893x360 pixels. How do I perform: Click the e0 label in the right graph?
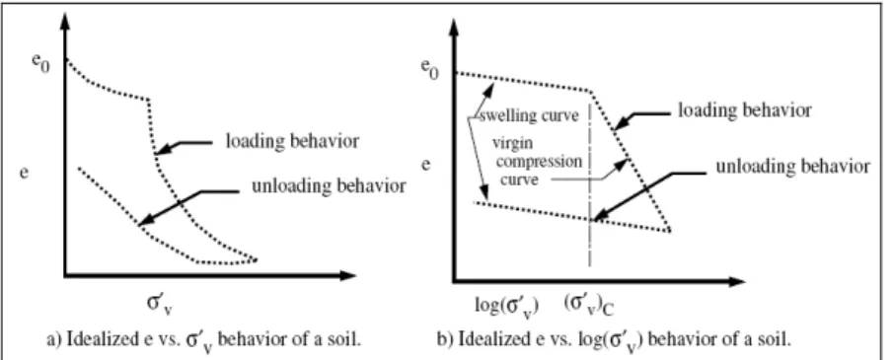coord(430,68)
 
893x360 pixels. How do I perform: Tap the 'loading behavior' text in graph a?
coord(292,141)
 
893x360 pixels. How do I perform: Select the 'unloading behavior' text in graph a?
coord(330,186)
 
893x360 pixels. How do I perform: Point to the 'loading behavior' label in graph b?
coord(744,109)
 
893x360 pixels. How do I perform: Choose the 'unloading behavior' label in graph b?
coord(792,167)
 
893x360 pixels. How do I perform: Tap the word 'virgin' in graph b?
coord(511,146)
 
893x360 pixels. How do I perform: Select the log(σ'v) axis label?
coord(507,304)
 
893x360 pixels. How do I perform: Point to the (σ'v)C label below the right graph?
coord(589,304)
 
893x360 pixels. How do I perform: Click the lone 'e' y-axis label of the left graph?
coord(24,172)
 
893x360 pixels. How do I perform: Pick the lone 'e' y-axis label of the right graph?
coord(425,165)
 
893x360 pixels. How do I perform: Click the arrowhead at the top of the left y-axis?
coord(65,20)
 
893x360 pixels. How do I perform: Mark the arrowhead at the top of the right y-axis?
coord(454,28)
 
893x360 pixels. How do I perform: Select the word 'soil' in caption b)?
coord(774,339)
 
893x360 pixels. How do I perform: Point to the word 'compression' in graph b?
coord(539,162)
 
